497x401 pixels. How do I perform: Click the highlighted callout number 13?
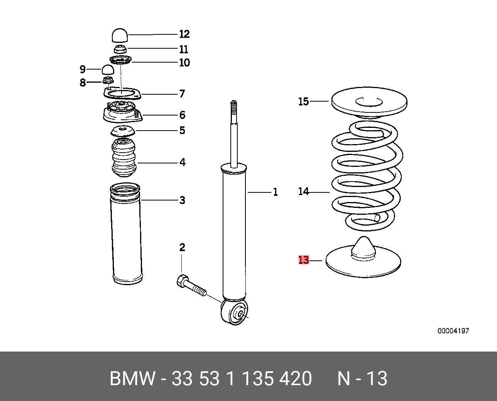tap(304, 260)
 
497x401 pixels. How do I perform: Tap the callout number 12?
tap(184, 34)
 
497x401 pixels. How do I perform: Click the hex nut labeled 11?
tap(120, 49)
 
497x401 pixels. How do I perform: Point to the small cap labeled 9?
tap(108, 70)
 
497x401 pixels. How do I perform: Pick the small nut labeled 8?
tap(108, 80)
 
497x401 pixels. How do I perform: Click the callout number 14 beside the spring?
tap(303, 191)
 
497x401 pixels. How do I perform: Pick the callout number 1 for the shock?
tap(275, 192)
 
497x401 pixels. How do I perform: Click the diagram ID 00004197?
tap(453, 331)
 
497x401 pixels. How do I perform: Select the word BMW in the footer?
tap(132, 379)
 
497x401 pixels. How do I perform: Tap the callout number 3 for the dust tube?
tap(182, 200)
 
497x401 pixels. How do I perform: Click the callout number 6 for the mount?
tap(182, 115)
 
